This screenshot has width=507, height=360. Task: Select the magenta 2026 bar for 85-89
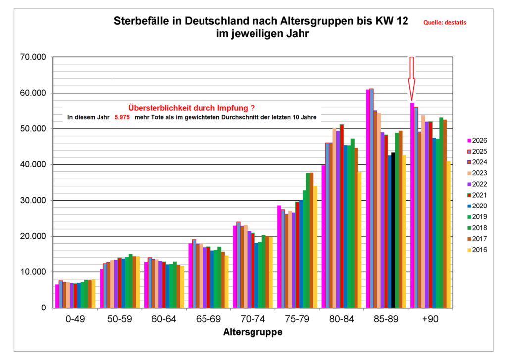point(368,198)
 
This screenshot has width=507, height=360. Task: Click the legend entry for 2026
point(477,140)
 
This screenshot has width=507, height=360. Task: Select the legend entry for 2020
point(477,206)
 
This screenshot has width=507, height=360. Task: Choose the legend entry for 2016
point(477,249)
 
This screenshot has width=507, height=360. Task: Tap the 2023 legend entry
point(477,173)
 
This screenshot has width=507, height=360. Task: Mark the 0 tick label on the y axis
point(43,308)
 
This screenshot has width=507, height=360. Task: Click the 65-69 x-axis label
point(208,319)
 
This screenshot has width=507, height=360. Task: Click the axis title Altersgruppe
point(253,332)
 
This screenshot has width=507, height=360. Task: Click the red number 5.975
point(122,118)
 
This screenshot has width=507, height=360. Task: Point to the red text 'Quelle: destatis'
point(445,22)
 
